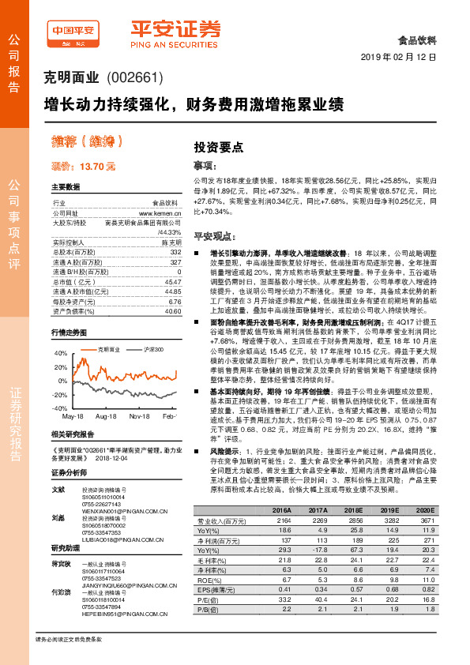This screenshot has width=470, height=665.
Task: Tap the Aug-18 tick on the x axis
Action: (x=106, y=415)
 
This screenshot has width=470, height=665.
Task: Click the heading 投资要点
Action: (x=219, y=148)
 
